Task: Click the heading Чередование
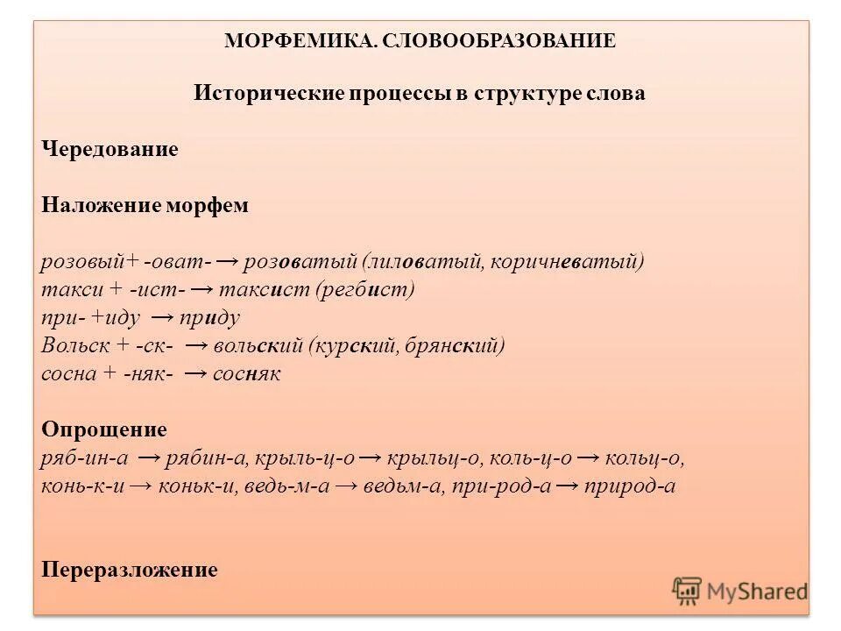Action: point(110,149)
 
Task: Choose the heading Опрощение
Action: point(103,429)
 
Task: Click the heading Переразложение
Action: point(129,570)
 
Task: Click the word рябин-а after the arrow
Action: point(207,458)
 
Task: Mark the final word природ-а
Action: point(632,486)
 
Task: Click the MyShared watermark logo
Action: point(740,591)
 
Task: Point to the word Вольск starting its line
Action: point(70,345)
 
